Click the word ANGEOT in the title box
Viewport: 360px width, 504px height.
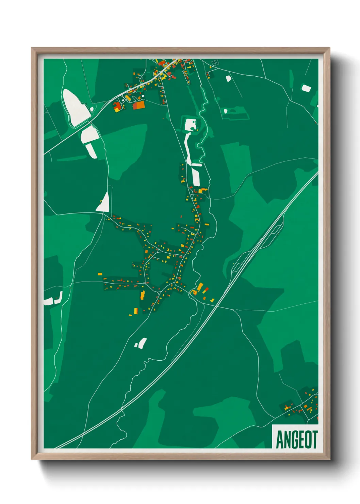[296, 439]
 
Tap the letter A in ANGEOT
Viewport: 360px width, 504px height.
[280, 439]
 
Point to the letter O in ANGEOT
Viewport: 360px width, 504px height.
[307, 439]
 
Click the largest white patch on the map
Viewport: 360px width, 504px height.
[76, 106]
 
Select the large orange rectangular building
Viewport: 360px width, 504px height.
[139, 105]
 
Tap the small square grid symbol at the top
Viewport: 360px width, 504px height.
[215, 63]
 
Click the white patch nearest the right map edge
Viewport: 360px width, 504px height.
[306, 88]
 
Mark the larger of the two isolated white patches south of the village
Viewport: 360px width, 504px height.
[142, 343]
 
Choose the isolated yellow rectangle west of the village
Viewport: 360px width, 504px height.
[100, 274]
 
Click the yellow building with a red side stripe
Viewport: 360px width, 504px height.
[135, 311]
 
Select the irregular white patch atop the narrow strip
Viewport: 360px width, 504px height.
[190, 125]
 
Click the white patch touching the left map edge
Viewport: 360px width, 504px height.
[49, 301]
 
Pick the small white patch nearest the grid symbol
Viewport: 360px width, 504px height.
[228, 78]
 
